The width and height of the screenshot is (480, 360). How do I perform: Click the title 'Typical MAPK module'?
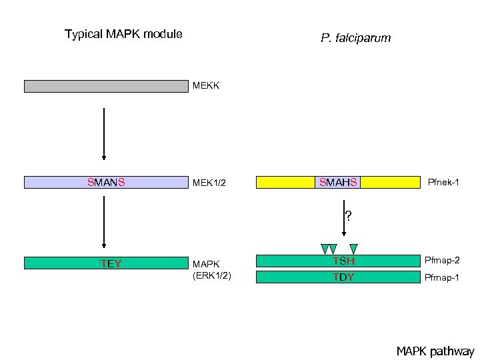pyautogui.click(x=123, y=34)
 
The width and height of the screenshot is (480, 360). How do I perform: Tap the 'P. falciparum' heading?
pyautogui.click(x=355, y=39)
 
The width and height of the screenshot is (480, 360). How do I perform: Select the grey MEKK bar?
pyautogui.click(x=106, y=86)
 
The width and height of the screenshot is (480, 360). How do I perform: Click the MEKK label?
pyautogui.click(x=206, y=86)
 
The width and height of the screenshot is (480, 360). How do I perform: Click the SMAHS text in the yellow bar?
pyautogui.click(x=339, y=182)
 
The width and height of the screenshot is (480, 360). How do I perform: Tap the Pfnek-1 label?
pyautogui.click(x=444, y=182)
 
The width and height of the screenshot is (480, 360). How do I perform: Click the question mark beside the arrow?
pyautogui.click(x=349, y=215)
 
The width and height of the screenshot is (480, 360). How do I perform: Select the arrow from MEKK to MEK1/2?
pyautogui.click(x=105, y=133)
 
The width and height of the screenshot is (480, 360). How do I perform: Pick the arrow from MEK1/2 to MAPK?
pyautogui.click(x=105, y=225)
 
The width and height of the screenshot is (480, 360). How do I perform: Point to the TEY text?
pyautogui.click(x=111, y=263)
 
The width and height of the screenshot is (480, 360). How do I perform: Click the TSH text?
pyautogui.click(x=344, y=261)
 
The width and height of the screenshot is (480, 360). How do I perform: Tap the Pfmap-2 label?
pyautogui.click(x=442, y=260)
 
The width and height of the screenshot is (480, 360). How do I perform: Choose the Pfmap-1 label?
pyautogui.click(x=442, y=277)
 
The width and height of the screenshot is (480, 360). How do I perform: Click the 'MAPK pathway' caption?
pyautogui.click(x=435, y=351)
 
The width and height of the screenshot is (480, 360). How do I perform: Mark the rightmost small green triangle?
pyautogui.click(x=354, y=249)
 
